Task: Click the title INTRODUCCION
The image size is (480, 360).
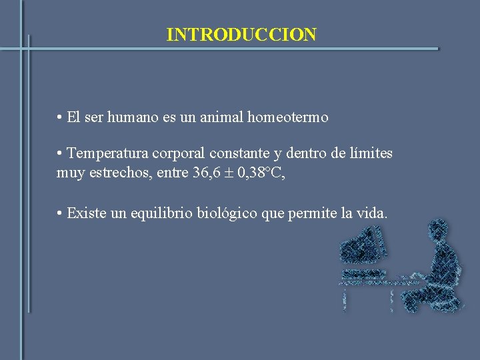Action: click(x=241, y=35)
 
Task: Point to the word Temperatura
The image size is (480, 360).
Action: click(x=108, y=153)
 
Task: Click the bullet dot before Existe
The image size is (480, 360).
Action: click(x=60, y=214)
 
